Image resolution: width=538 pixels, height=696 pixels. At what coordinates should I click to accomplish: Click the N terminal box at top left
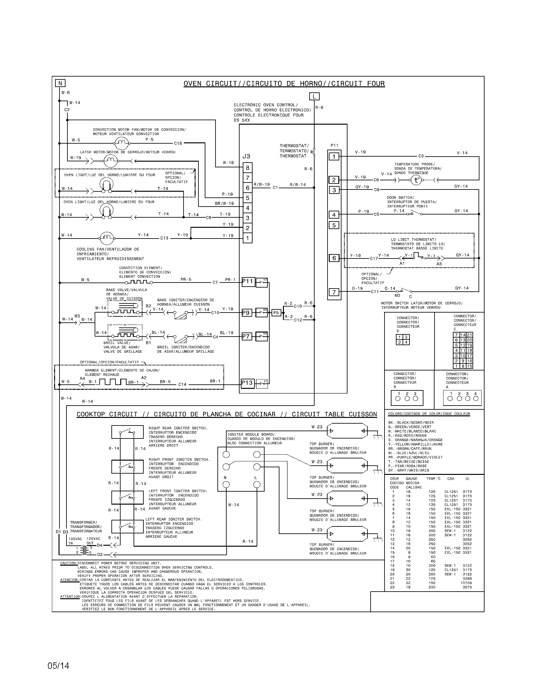coord(60,83)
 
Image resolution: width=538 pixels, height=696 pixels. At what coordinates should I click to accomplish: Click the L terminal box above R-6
coord(314,96)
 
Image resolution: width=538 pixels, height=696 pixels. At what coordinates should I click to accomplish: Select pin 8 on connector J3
coord(248,168)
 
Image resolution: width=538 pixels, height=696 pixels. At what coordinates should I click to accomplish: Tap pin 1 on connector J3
coord(248,238)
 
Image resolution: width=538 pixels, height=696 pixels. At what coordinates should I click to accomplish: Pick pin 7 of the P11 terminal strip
coord(334,292)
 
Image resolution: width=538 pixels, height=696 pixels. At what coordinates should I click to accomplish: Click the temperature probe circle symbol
coord(416,180)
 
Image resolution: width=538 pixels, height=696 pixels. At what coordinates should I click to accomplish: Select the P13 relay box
coord(247,383)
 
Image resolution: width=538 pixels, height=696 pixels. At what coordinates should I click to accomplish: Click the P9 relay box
coord(246,313)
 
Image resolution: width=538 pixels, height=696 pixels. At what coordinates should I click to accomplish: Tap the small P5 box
coord(276,313)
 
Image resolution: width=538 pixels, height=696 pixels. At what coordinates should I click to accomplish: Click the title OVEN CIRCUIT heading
coord(284,84)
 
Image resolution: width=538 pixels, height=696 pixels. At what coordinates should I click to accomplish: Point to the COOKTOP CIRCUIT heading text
coord(226,414)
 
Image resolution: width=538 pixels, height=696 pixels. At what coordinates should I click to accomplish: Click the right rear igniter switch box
coord(127,432)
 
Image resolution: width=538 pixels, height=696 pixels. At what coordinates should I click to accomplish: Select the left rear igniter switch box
coord(127,526)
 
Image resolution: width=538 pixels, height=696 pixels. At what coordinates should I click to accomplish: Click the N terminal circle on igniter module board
coord(226,485)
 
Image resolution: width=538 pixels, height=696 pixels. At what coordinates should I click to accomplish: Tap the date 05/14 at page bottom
coord(58,666)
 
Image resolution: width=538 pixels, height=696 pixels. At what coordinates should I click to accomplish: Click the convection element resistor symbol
coord(138,282)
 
